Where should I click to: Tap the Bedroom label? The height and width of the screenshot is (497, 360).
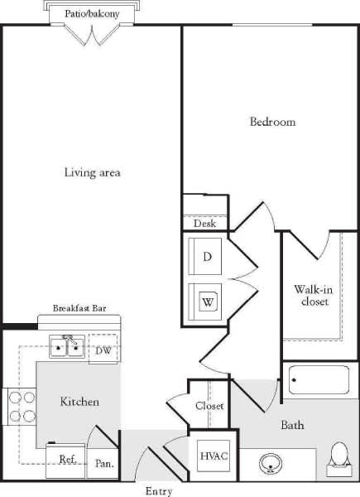272,122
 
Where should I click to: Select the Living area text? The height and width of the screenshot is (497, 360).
93,172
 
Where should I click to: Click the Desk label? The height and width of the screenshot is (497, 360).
204,224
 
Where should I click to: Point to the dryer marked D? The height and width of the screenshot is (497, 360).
207,256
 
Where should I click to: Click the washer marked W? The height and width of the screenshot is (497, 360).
207,301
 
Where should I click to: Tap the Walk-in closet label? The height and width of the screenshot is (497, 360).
311,296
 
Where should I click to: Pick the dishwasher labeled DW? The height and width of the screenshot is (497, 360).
103,350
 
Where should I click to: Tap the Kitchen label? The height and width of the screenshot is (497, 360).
80,402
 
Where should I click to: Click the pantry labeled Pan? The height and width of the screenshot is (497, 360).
104,464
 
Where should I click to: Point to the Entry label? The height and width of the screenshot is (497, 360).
158,491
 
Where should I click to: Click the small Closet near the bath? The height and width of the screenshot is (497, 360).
209,406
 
